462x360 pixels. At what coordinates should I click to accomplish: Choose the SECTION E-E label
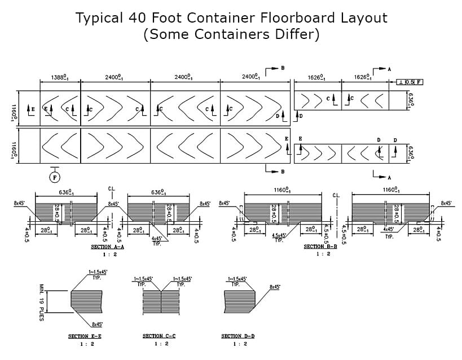pos(85,336)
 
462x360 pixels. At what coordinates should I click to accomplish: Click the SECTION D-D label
pos(237,336)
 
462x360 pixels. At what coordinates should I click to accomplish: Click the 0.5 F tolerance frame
pos(410,82)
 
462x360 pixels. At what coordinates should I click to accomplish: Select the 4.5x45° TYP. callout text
pos(279,238)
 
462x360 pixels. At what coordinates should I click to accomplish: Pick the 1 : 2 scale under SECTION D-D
pos(237,344)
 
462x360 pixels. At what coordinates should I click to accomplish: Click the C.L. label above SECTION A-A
pos(111,190)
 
